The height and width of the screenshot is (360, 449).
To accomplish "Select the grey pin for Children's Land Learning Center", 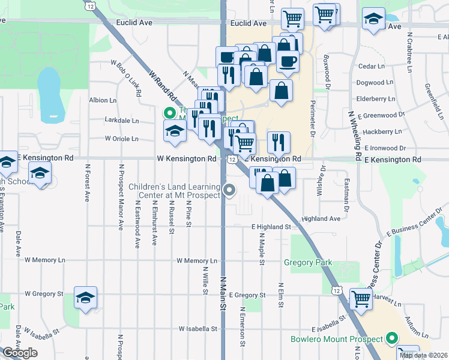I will point(229,191).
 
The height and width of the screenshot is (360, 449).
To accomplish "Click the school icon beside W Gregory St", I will point(86,296).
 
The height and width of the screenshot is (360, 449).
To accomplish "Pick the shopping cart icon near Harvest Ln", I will point(361,297).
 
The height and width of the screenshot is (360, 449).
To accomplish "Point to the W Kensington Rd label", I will point(186,159).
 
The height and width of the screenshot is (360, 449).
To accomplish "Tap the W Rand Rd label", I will point(162,86).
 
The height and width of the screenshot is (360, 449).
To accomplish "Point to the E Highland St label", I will point(271,227).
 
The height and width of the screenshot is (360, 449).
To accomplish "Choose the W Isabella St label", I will point(197,329).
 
